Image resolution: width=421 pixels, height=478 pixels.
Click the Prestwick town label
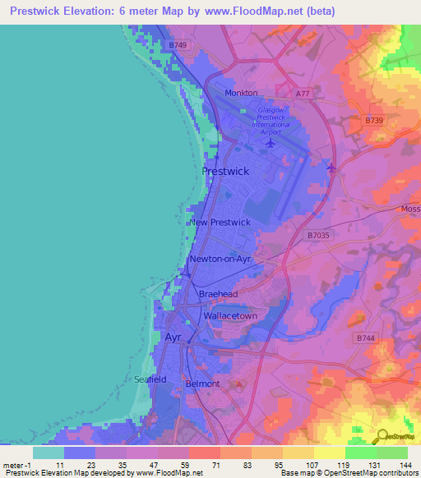224,171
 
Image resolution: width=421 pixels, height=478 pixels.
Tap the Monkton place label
241,93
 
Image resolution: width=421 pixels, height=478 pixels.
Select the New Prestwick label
220,223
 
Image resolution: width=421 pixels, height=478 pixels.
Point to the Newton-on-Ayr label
220,259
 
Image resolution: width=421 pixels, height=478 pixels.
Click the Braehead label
218,294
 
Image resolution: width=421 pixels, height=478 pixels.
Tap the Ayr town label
173,338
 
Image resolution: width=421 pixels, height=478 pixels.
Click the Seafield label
150,379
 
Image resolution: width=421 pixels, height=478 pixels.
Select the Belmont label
203,384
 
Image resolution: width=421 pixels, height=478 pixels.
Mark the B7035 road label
321,235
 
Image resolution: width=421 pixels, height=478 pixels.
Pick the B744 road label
365,338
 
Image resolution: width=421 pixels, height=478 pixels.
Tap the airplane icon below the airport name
271,143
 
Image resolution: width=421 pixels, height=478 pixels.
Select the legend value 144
405,465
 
